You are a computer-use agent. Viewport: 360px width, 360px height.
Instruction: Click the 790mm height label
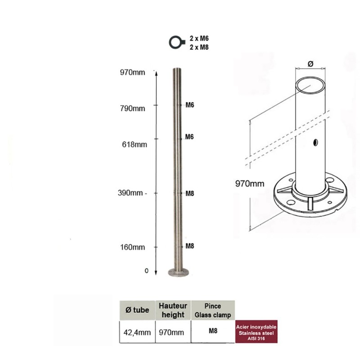pos(132,108)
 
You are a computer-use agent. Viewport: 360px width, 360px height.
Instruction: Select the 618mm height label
pos(135,144)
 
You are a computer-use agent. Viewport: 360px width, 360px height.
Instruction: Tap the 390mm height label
pos(130,193)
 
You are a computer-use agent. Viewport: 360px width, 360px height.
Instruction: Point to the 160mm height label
pos(132,247)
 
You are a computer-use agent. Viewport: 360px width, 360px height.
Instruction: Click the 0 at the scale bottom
pos(147,271)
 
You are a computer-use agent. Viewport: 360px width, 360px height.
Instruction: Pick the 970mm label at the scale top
pos(132,72)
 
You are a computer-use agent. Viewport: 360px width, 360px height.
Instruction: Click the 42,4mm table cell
pos(137,332)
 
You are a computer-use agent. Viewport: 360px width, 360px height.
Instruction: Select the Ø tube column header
pos(137,310)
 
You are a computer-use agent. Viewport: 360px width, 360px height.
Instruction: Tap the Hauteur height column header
pos(173,310)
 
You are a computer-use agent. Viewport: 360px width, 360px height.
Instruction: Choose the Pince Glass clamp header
pos(213,310)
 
